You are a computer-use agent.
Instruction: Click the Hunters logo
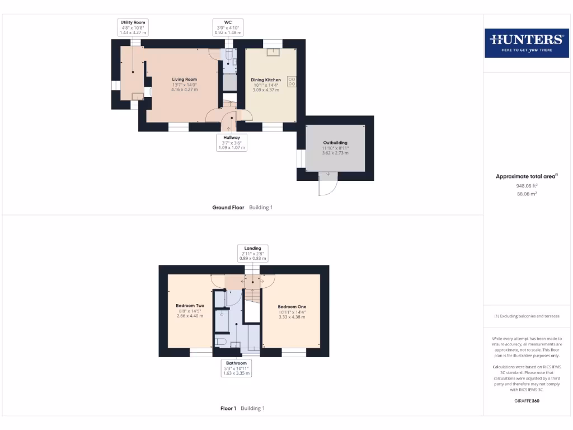[526, 43]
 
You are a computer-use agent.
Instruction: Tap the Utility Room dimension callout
[133, 27]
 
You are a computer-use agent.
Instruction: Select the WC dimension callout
[228, 27]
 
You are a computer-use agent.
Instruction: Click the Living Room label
[185, 85]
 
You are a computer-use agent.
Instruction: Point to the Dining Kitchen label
[266, 85]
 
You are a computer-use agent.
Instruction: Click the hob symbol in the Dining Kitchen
[292, 81]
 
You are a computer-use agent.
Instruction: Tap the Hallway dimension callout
[232, 142]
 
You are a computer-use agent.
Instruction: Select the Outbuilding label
[335, 147]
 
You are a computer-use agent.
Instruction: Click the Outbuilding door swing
[327, 185]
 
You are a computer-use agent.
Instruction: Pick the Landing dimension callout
[253, 253]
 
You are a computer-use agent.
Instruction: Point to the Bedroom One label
[292, 311]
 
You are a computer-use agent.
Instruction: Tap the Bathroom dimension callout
[237, 368]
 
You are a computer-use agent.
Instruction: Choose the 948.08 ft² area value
[526, 186]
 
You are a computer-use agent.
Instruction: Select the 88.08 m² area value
[526, 194]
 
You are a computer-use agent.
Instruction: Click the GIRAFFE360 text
[526, 401]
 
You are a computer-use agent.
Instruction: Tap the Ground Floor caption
[228, 207]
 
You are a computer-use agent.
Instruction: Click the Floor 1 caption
[228, 408]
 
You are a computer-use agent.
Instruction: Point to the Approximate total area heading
[526, 176]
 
